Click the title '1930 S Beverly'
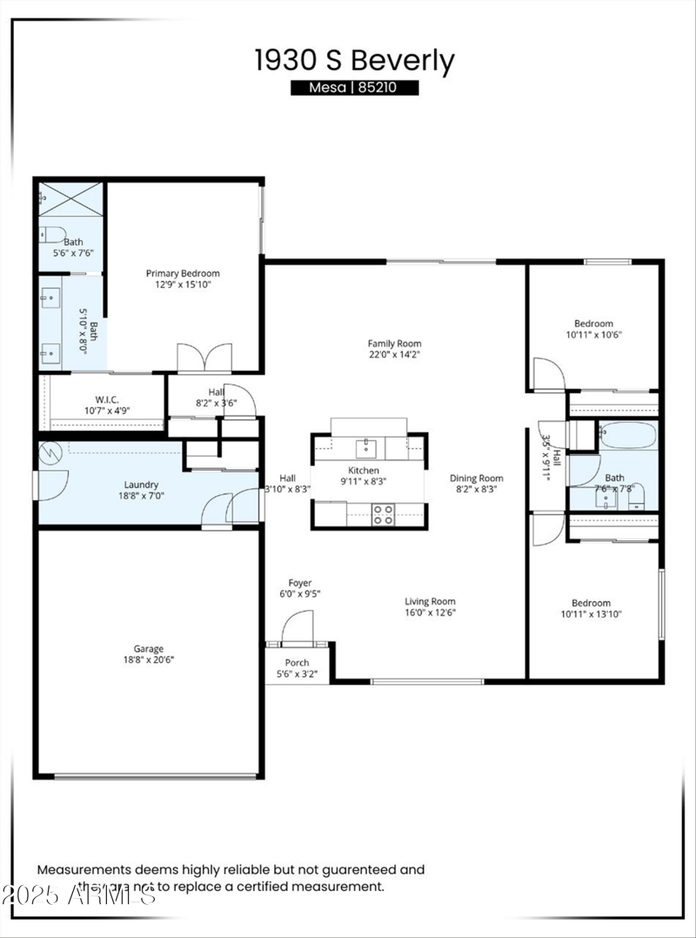point(354,61)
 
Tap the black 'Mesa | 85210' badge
point(354,88)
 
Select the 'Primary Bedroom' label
point(183,273)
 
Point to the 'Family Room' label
point(394,344)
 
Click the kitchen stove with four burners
point(383,514)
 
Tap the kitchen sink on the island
point(366,448)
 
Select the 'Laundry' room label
point(141,485)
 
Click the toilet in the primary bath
point(51,233)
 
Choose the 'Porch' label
point(298,662)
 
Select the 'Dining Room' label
point(476,478)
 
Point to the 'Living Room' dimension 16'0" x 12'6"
point(430,613)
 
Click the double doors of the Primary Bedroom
point(204,358)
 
